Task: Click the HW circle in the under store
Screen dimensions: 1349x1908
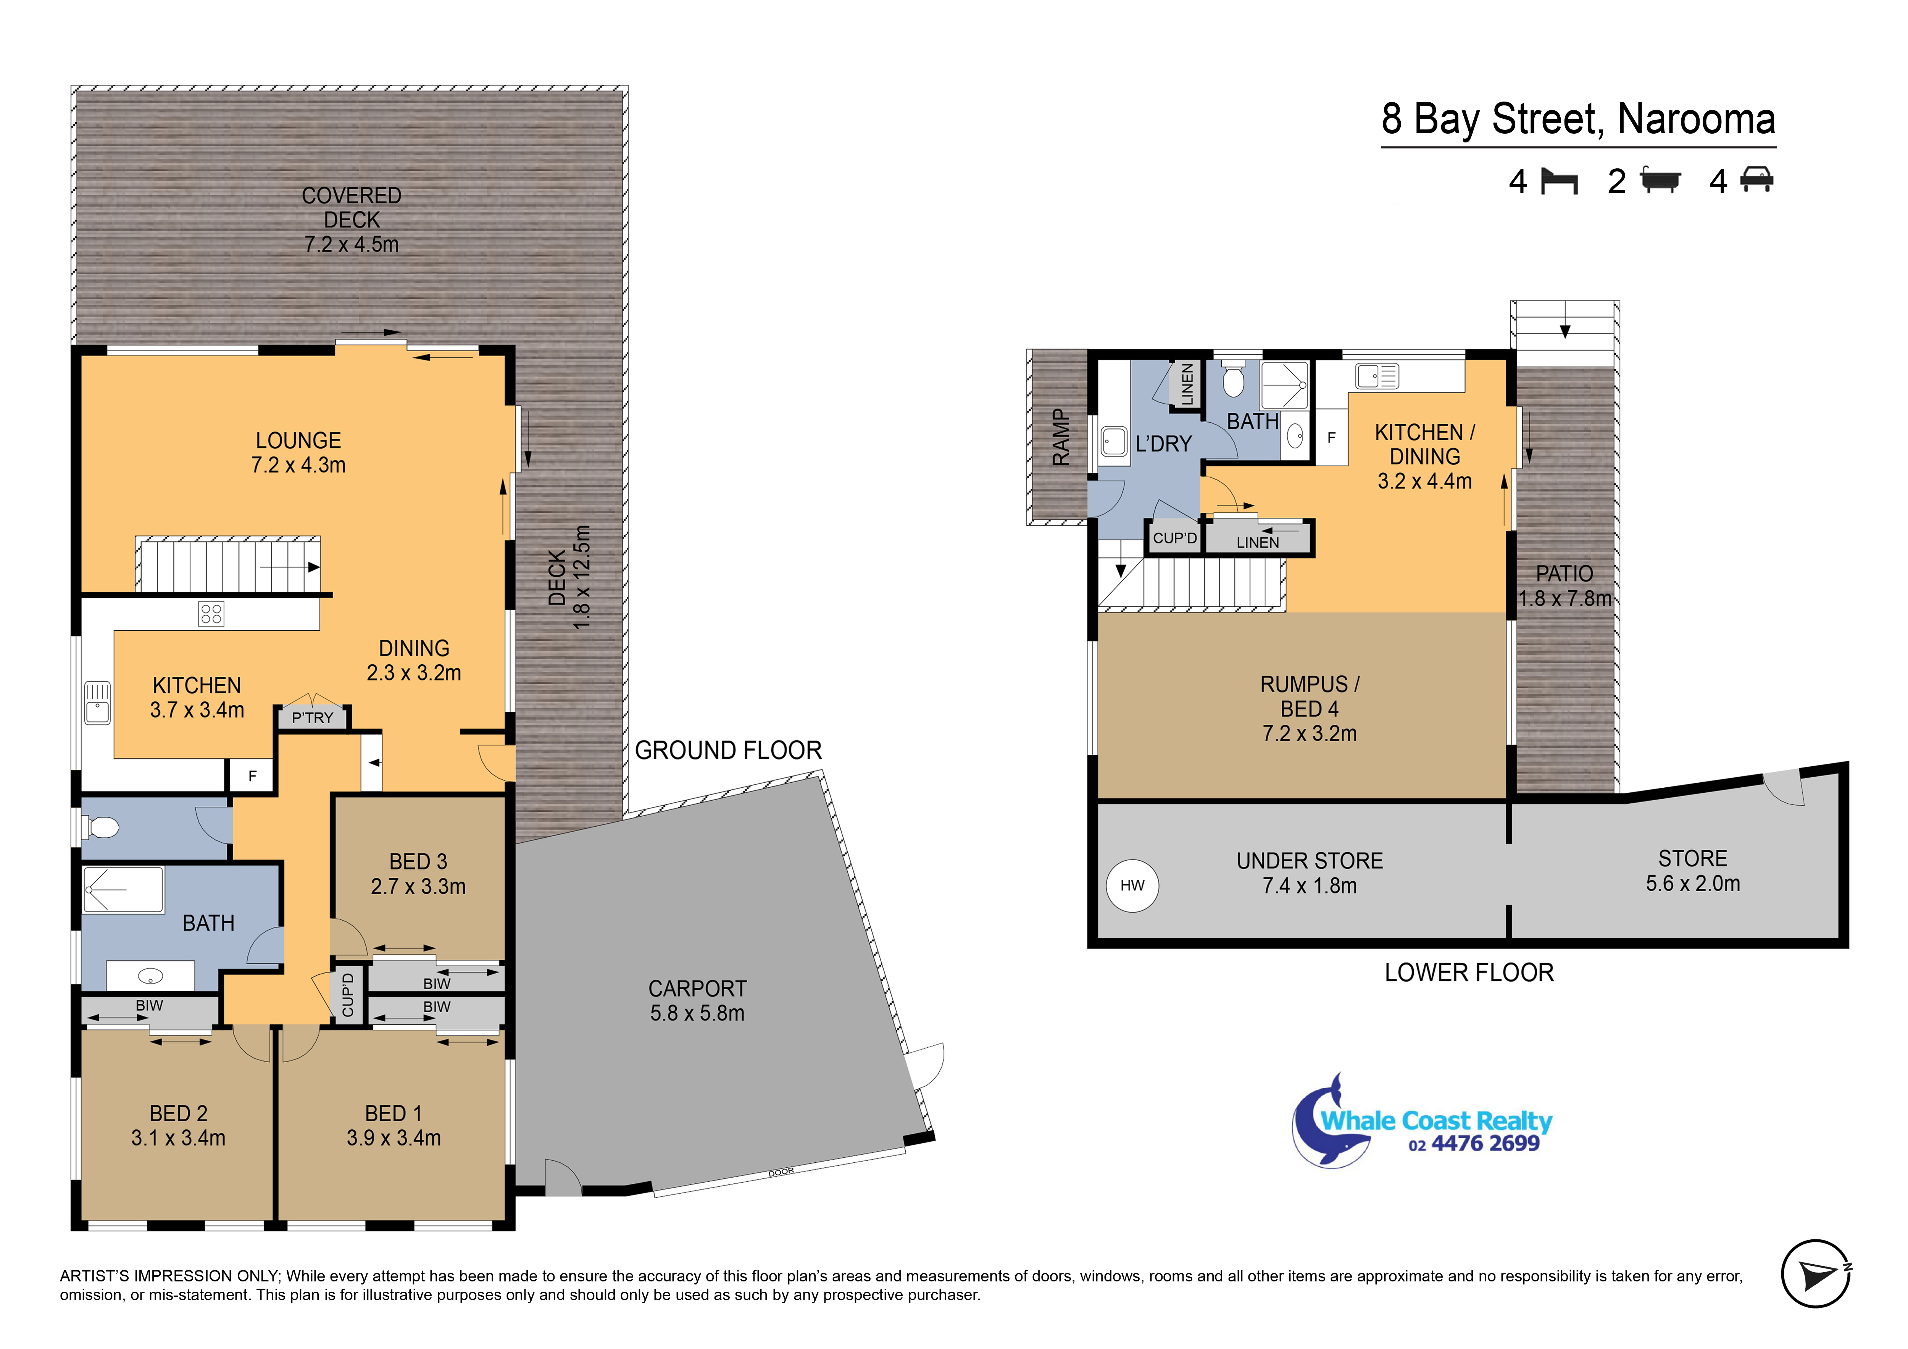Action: [x=1132, y=885]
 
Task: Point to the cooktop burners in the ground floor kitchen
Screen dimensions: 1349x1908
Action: [x=211, y=614]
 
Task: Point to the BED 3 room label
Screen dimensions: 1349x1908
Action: [x=418, y=862]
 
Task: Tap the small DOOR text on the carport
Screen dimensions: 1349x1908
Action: [x=781, y=1172]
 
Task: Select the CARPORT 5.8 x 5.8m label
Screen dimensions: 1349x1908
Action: [x=697, y=1001]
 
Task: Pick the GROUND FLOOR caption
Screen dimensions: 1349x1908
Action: [x=728, y=751]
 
